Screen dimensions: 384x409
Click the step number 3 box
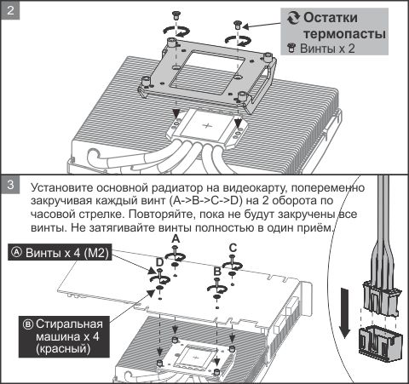click(10, 184)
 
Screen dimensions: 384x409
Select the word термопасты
click(340, 34)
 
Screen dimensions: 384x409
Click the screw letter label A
click(176, 241)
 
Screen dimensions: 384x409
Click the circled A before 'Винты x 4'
click(15, 253)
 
